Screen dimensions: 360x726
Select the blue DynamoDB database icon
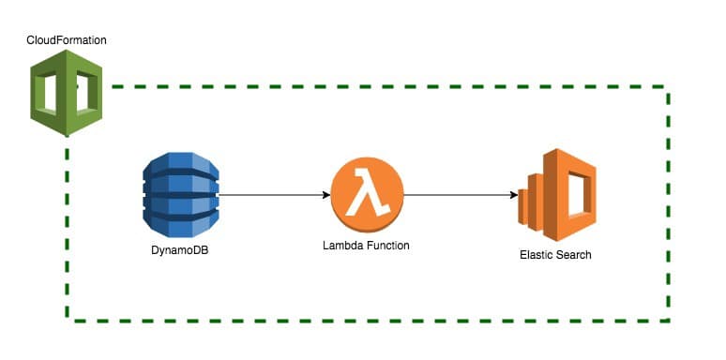[x=180, y=196]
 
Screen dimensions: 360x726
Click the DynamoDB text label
[x=179, y=250]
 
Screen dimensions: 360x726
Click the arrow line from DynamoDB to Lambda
[x=272, y=196]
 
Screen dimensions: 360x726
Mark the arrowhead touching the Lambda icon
[x=325, y=196]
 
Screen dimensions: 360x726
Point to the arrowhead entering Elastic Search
[x=514, y=196]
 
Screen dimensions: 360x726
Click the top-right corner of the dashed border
[x=667, y=88]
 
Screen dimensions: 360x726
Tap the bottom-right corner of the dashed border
[x=667, y=321]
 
